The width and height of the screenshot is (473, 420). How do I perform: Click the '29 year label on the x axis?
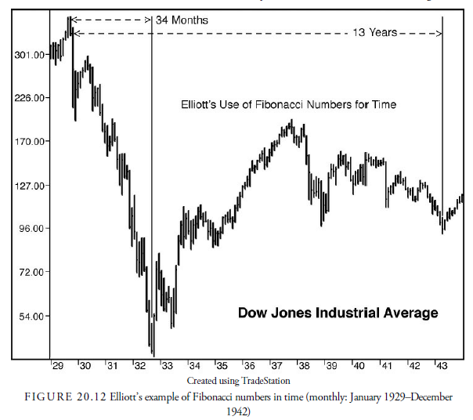[58, 366]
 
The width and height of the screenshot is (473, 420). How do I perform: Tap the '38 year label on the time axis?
[303, 366]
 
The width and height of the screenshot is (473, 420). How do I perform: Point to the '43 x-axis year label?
[441, 366]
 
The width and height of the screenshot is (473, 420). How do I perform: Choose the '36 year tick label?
[248, 366]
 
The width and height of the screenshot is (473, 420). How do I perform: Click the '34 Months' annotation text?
[182, 20]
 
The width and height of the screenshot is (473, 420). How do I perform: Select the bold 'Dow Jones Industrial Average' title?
[338, 313]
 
